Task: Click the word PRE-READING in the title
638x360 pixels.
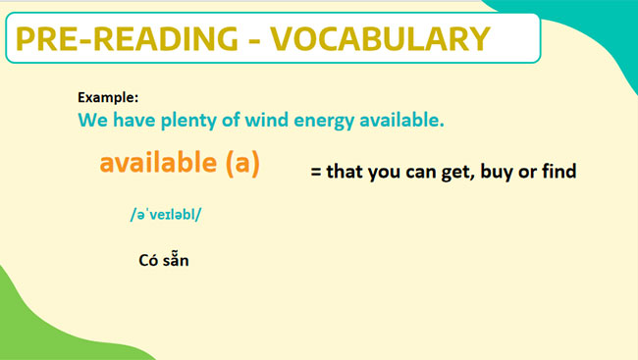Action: point(127,38)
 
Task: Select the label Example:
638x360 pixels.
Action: point(108,97)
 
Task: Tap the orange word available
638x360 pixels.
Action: point(158,163)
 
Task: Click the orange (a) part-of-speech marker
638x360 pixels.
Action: point(241,164)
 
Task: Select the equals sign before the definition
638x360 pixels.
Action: point(316,172)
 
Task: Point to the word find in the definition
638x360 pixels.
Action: point(556,171)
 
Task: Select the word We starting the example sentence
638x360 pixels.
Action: point(91,122)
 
